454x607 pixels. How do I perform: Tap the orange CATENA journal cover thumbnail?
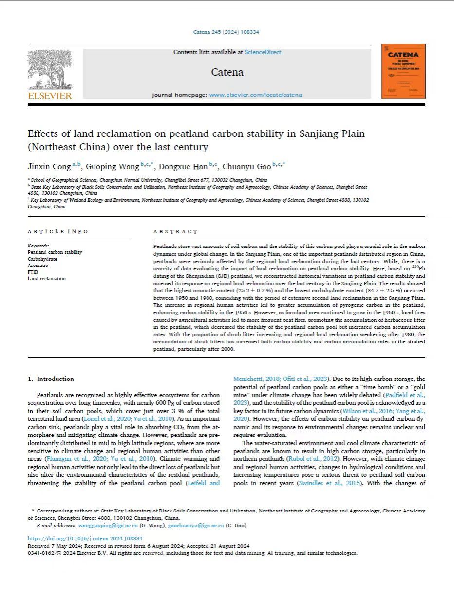403,71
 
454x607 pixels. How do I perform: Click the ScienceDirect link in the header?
263,52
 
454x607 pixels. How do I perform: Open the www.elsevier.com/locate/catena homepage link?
255,95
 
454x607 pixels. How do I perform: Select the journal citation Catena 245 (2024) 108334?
226,32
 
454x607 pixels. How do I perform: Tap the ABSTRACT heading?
175,232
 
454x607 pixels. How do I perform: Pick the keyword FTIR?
33,272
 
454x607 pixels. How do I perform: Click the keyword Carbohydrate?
42,259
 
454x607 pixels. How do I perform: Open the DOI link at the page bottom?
85,539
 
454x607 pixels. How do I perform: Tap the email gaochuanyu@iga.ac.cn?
196,526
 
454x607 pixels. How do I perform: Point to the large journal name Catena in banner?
227,72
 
